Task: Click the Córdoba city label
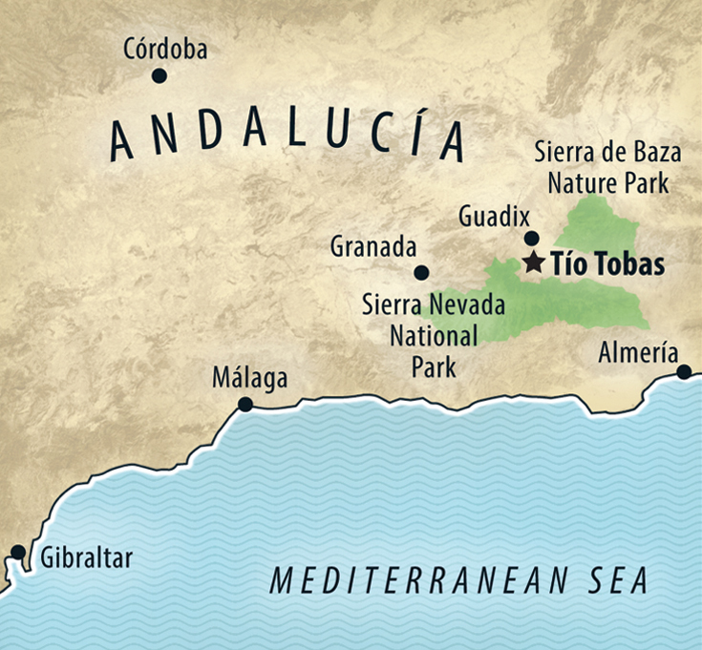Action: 165,50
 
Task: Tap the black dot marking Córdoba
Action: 160,76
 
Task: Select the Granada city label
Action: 373,247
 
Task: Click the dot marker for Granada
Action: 421,272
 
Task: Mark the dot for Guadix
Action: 532,239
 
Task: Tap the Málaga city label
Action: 249,379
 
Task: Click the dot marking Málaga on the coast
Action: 245,405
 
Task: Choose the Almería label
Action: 638,352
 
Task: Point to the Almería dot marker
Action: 684,371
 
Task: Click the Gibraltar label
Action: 86,558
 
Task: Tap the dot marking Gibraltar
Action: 17,552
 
